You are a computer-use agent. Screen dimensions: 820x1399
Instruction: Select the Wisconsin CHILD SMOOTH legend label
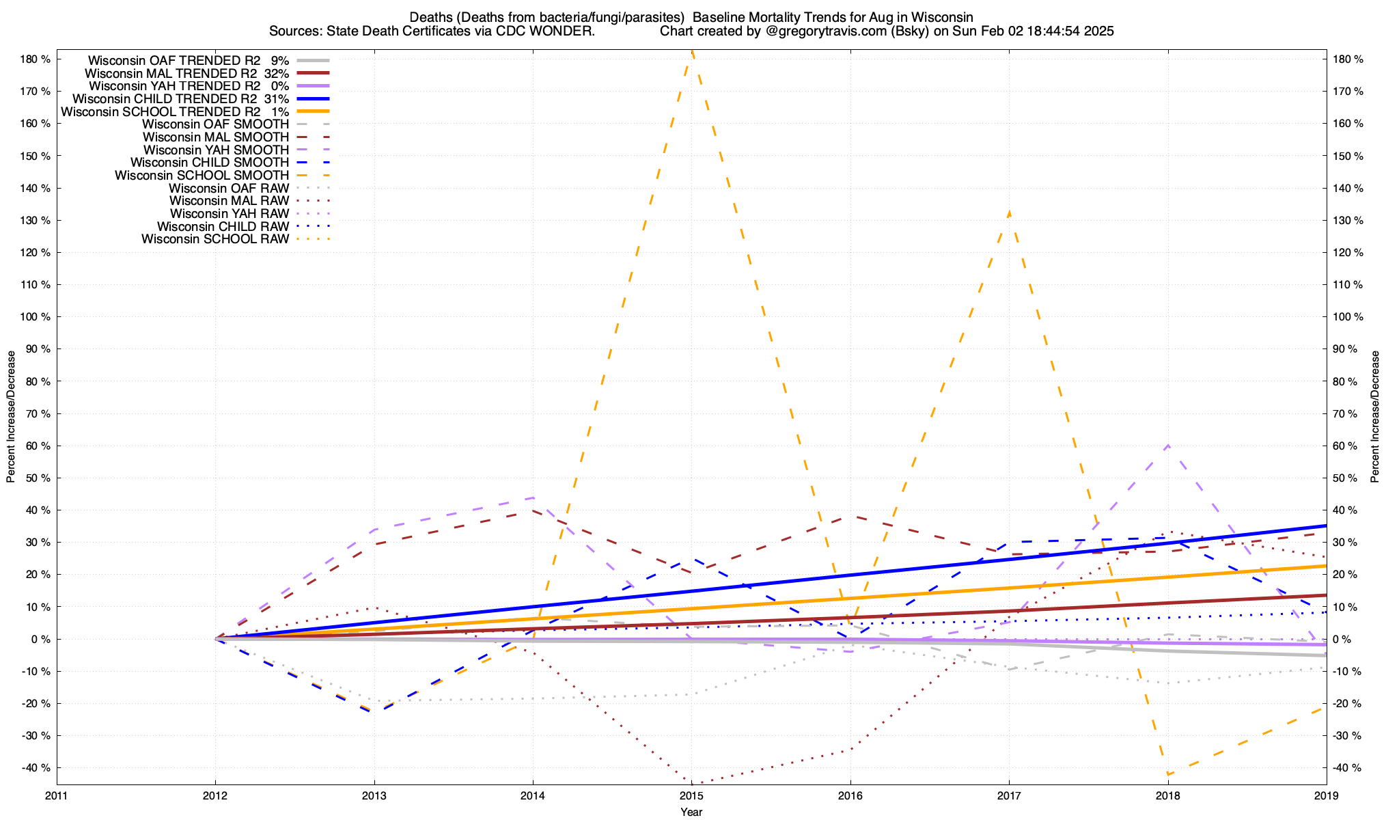pyautogui.click(x=210, y=163)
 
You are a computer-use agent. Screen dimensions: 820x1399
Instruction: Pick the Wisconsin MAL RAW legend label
pyautogui.click(x=229, y=201)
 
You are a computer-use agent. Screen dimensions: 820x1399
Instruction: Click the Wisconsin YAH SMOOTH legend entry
pyautogui.click(x=216, y=150)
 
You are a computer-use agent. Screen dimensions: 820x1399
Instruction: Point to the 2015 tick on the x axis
pyautogui.click(x=691, y=795)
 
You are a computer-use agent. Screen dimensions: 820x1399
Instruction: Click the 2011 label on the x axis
pyautogui.click(x=57, y=795)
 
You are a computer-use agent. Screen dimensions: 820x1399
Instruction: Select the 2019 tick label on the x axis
pyautogui.click(x=1326, y=795)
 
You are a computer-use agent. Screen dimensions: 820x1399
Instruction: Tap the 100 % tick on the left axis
pyautogui.click(x=36, y=317)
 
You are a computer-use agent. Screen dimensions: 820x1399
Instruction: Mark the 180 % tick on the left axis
pyautogui.click(x=36, y=59)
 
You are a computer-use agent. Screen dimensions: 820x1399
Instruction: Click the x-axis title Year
pyautogui.click(x=691, y=812)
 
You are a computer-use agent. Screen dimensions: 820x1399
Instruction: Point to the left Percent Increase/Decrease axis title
pyautogui.click(x=11, y=417)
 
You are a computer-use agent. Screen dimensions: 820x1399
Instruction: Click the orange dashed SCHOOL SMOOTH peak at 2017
pyautogui.click(x=1009, y=213)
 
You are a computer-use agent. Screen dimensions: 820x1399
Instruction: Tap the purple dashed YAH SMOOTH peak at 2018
pyautogui.click(x=1167, y=446)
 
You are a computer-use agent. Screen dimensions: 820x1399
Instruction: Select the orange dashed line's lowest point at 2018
pyautogui.click(x=1168, y=774)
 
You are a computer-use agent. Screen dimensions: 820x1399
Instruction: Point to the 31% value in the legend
pyautogui.click(x=277, y=98)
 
